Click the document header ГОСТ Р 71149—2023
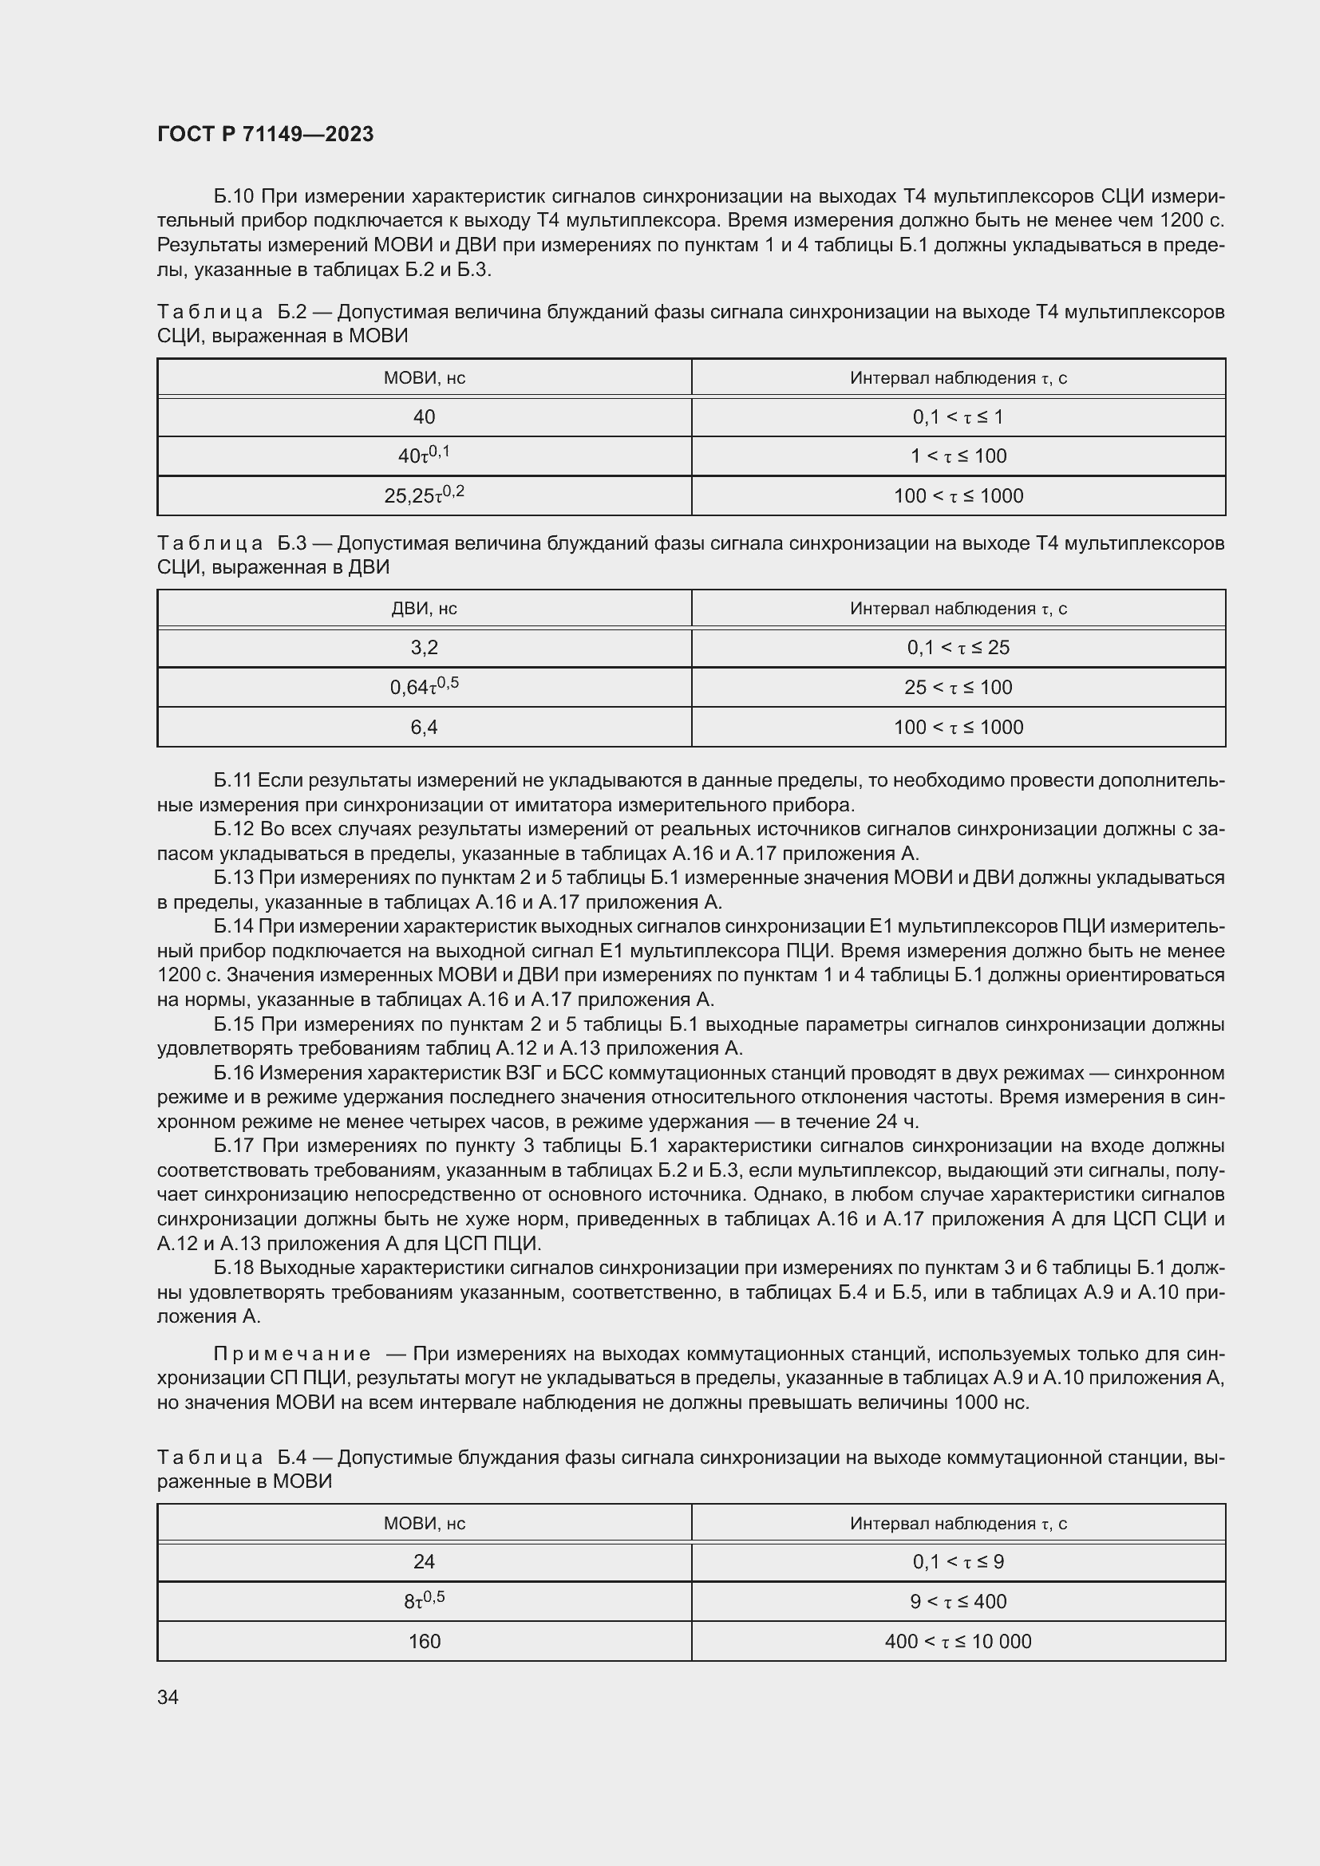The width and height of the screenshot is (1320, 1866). click(x=265, y=134)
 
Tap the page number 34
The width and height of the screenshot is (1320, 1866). click(x=168, y=1697)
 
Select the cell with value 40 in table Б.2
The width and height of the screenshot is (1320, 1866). click(x=424, y=417)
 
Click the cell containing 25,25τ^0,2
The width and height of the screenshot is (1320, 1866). click(x=424, y=495)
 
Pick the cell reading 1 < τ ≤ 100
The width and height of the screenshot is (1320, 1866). click(x=958, y=456)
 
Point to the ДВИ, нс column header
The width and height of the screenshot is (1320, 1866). click(x=424, y=609)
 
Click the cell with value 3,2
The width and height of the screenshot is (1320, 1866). click(x=424, y=648)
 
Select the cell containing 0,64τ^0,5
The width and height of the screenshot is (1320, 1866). click(x=424, y=687)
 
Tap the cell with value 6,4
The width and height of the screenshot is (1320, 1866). click(x=424, y=727)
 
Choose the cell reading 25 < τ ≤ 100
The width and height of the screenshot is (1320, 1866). click(x=958, y=687)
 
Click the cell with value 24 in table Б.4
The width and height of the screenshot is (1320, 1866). click(x=424, y=1561)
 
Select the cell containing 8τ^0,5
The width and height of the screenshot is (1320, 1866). click(x=424, y=1601)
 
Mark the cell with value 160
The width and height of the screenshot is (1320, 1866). click(x=424, y=1641)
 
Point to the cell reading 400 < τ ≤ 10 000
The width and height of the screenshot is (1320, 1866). click(x=958, y=1641)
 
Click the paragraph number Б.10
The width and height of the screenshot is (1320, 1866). click(x=234, y=197)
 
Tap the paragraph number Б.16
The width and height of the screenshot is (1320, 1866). click(x=234, y=1074)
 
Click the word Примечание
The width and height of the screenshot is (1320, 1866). click(x=292, y=1354)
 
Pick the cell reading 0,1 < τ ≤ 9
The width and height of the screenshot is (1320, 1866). click(x=958, y=1561)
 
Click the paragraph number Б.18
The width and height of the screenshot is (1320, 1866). click(x=234, y=1268)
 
